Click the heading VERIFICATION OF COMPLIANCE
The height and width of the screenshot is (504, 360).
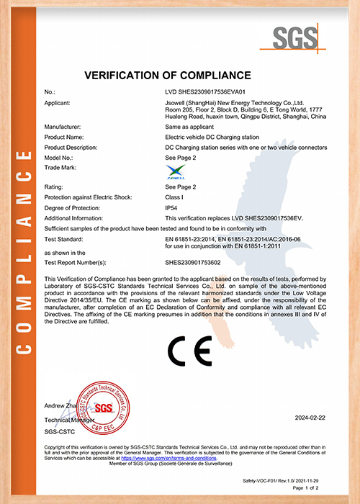click(x=168, y=76)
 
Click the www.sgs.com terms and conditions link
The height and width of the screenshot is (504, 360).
click(x=168, y=458)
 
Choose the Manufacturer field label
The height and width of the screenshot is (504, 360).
click(x=63, y=126)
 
